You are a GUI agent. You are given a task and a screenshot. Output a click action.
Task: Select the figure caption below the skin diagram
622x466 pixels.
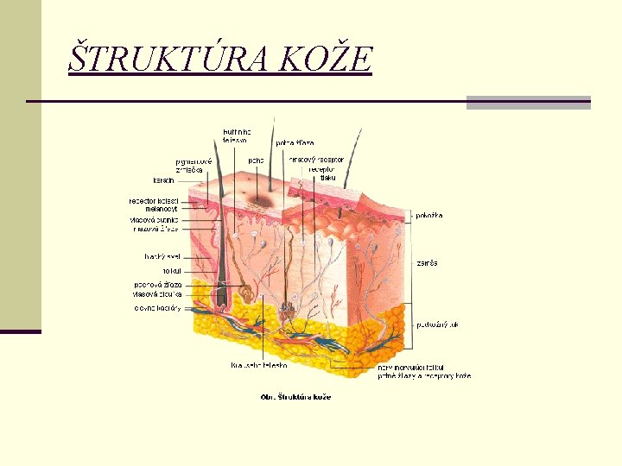click(295, 397)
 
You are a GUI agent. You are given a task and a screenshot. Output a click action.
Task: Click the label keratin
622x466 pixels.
click(164, 180)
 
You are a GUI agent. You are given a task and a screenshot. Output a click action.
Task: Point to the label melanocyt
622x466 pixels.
click(162, 210)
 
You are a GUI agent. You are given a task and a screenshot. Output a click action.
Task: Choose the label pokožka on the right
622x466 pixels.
click(429, 216)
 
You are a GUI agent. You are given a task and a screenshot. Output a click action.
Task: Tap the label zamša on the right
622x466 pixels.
click(427, 262)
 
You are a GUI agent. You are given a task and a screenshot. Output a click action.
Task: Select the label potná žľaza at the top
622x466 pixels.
click(295, 142)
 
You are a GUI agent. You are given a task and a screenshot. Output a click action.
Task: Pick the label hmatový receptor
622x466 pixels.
click(316, 160)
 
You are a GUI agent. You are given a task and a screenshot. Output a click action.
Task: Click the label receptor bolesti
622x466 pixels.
click(154, 201)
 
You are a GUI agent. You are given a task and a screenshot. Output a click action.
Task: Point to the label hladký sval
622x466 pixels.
click(162, 256)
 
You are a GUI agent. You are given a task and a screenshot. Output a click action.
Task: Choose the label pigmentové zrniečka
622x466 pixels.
click(193, 165)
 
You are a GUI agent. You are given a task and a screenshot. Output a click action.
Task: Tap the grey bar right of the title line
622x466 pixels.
click(528, 102)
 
